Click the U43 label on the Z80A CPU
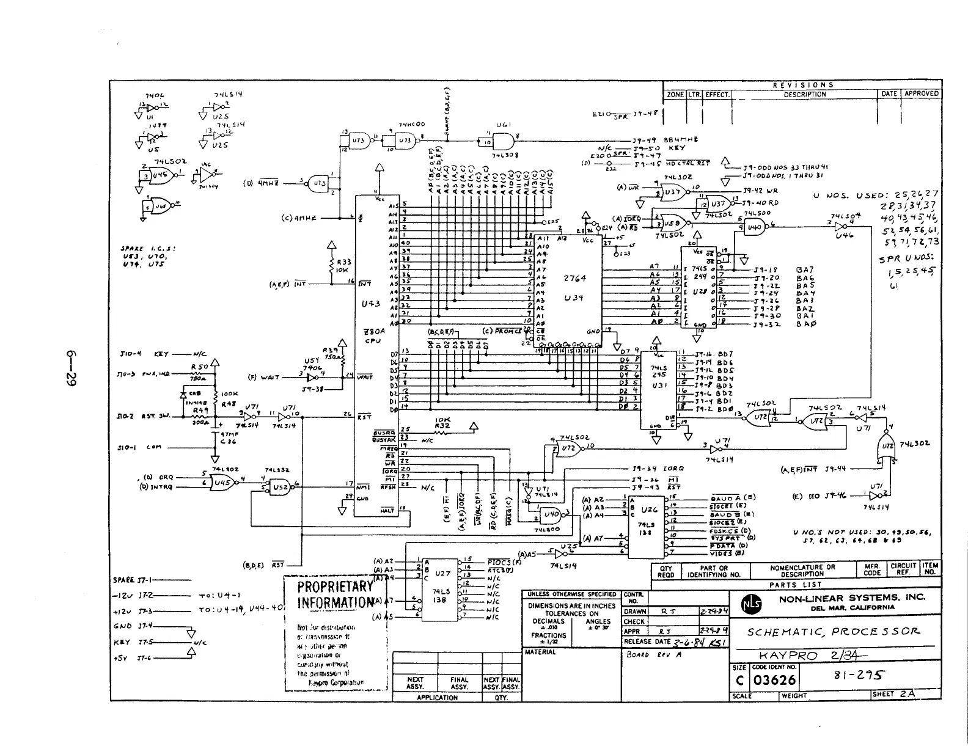(x=370, y=304)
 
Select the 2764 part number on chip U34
(x=574, y=279)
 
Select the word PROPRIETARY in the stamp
(x=334, y=587)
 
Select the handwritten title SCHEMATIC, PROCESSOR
(x=832, y=632)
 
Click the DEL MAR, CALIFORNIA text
(x=853, y=607)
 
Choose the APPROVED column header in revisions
(x=920, y=93)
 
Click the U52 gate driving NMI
(x=280, y=487)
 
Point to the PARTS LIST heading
(x=794, y=585)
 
